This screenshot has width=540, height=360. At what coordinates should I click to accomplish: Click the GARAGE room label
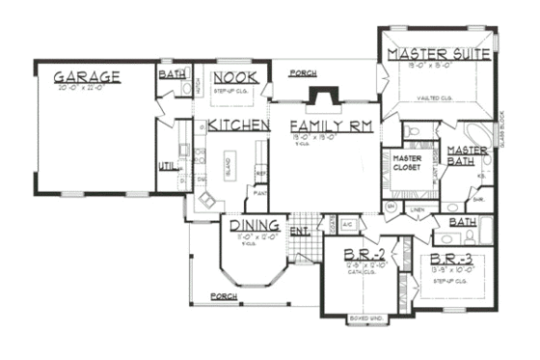coord(87,76)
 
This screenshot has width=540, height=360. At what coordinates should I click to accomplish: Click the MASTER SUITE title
coord(438,53)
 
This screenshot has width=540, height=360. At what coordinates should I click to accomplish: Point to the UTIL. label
coord(167,166)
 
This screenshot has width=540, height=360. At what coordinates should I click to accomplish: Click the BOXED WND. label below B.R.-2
coord(365,318)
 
